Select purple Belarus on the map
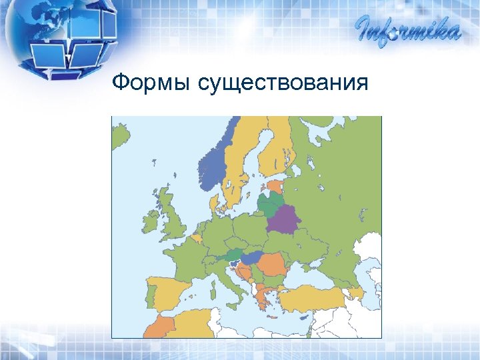click(284, 219)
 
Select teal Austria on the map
click(233, 254)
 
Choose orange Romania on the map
click(272, 264)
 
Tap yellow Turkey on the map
click(313, 298)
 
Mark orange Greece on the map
click(264, 297)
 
